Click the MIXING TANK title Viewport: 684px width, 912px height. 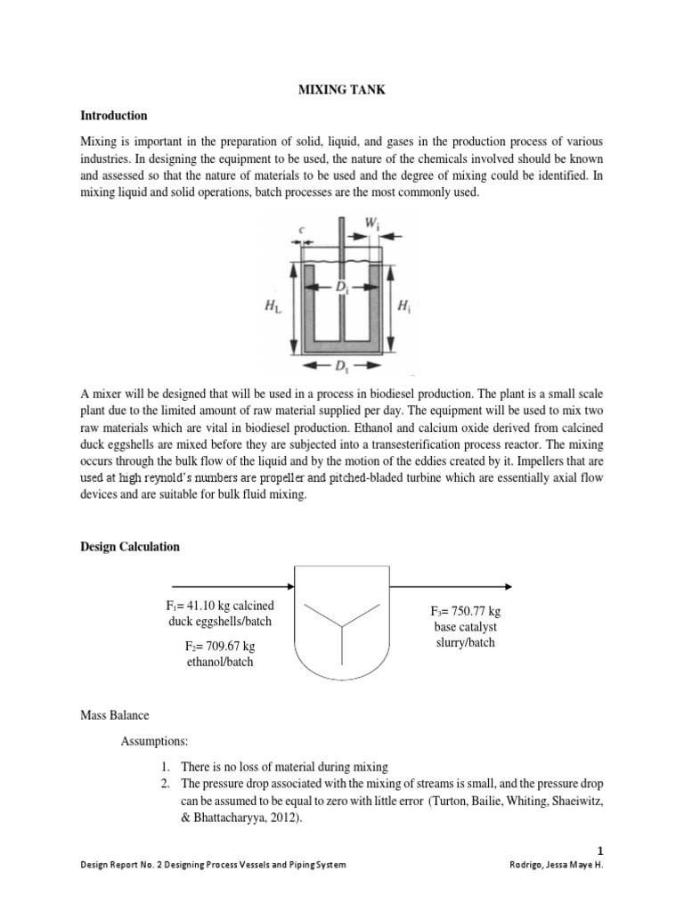tap(341, 91)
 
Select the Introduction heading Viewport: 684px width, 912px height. tap(114, 116)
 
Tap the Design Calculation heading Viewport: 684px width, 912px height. tap(130, 547)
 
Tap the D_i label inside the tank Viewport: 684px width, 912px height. tap(341, 288)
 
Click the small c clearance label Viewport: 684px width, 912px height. tap(302, 230)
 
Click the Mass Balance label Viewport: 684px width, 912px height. tap(114, 714)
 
